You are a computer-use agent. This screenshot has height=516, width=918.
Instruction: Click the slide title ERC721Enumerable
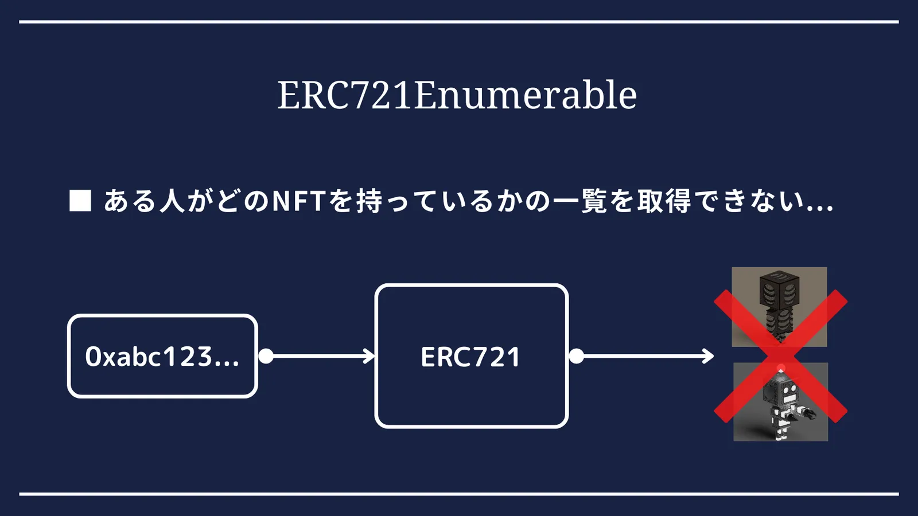(x=457, y=95)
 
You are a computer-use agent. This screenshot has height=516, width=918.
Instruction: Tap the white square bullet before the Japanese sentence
(x=80, y=201)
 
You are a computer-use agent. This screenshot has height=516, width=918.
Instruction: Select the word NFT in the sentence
(x=299, y=201)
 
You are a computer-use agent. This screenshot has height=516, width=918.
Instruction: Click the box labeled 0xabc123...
(x=163, y=356)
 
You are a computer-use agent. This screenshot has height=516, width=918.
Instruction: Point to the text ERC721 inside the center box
(x=470, y=357)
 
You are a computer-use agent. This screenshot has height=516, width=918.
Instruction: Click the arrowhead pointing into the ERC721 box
(x=369, y=356)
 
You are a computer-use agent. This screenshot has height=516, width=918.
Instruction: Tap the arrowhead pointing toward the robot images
(x=708, y=356)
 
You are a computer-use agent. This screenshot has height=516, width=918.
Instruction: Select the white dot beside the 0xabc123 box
(x=266, y=356)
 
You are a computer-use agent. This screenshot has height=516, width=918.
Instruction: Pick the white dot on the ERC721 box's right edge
(x=576, y=356)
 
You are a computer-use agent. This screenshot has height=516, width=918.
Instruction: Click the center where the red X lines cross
(x=781, y=356)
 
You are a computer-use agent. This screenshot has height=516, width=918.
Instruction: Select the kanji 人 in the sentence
(x=172, y=201)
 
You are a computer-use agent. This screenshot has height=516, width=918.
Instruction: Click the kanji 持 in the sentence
(x=369, y=201)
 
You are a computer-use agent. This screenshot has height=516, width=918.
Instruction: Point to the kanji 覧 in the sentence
(x=594, y=201)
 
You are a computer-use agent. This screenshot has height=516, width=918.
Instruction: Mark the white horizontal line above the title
(x=459, y=22)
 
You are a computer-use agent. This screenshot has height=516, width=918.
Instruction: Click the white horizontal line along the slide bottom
(x=459, y=494)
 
